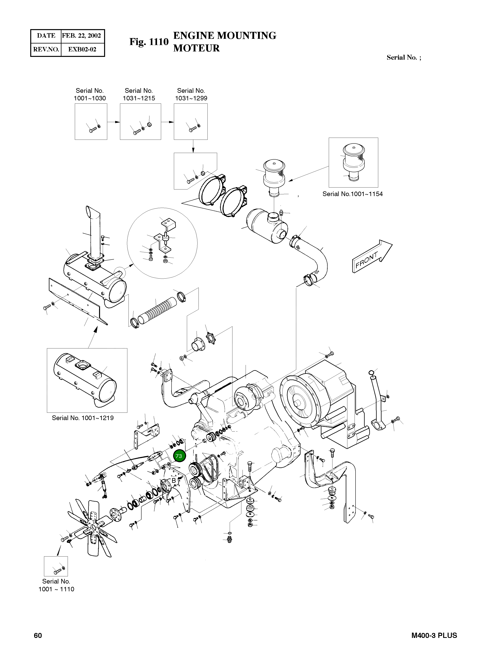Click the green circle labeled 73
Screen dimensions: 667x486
[x=179, y=456]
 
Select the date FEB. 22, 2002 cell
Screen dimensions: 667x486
[x=81, y=36]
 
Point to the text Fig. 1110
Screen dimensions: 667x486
[x=149, y=42]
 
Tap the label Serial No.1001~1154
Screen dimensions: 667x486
[x=352, y=194]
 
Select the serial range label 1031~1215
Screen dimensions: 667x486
[x=139, y=98]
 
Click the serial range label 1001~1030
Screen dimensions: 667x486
[x=90, y=98]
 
